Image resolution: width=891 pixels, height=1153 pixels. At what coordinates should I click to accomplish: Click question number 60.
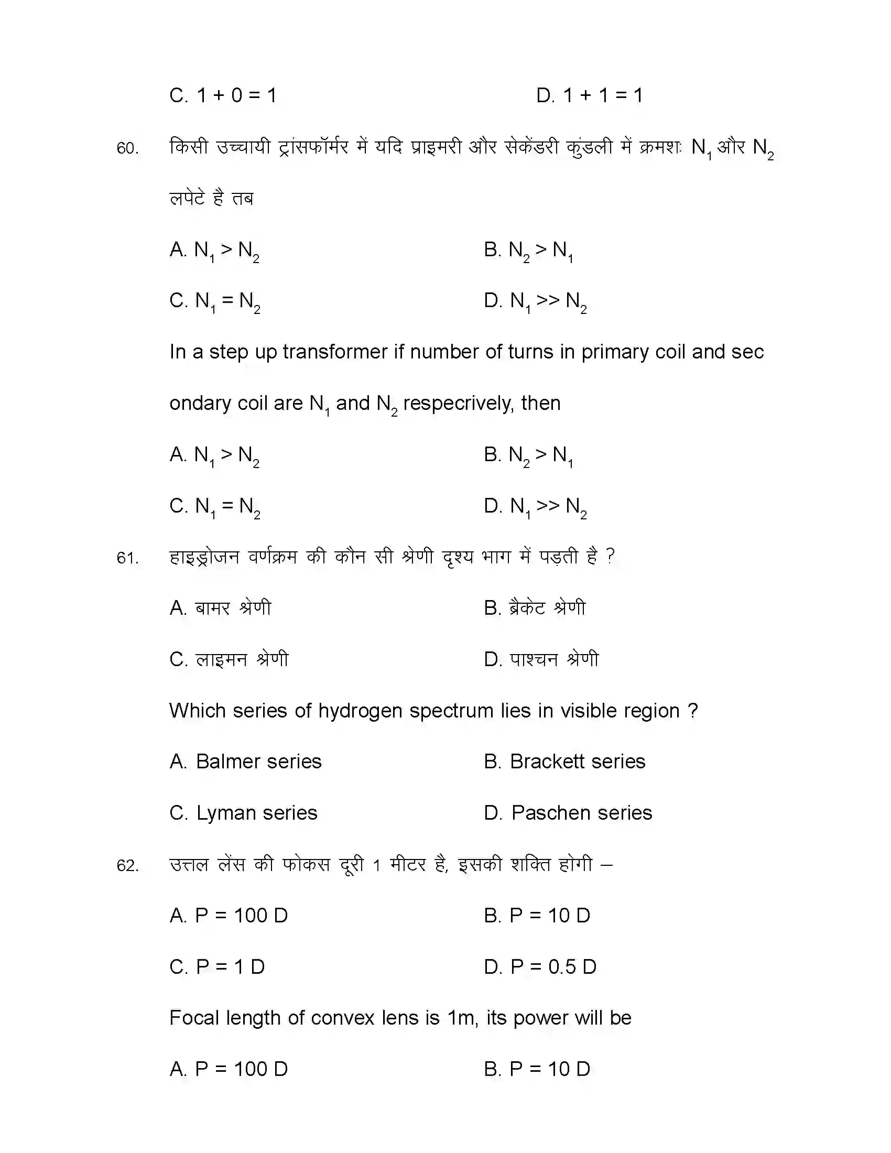[x=127, y=148]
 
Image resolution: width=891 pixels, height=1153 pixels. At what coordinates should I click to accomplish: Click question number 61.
[x=127, y=558]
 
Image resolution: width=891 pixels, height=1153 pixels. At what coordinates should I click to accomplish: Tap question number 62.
[x=127, y=866]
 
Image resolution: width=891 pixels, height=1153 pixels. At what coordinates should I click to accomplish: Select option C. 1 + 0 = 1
[x=223, y=95]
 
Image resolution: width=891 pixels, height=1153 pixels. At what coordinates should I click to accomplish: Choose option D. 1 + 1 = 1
[x=589, y=95]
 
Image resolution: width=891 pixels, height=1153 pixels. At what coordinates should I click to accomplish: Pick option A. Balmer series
[x=245, y=762]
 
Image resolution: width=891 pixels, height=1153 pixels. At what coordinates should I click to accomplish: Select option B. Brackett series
[x=564, y=762]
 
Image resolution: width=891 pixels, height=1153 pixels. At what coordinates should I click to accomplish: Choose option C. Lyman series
[x=243, y=813]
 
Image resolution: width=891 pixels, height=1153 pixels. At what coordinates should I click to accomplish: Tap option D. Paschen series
[x=568, y=813]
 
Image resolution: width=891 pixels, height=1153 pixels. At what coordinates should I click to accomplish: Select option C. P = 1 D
[x=217, y=967]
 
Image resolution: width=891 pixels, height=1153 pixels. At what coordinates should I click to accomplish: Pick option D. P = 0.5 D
[x=540, y=967]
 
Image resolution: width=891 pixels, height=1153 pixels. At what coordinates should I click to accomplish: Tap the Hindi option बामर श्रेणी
[x=220, y=608]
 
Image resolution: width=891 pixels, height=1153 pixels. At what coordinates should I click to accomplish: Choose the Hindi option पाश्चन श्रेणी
[x=541, y=659]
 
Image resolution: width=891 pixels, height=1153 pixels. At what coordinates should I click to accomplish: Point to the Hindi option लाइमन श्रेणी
[x=229, y=659]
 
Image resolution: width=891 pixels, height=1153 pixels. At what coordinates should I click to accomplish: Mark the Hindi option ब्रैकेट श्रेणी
[x=535, y=608]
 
